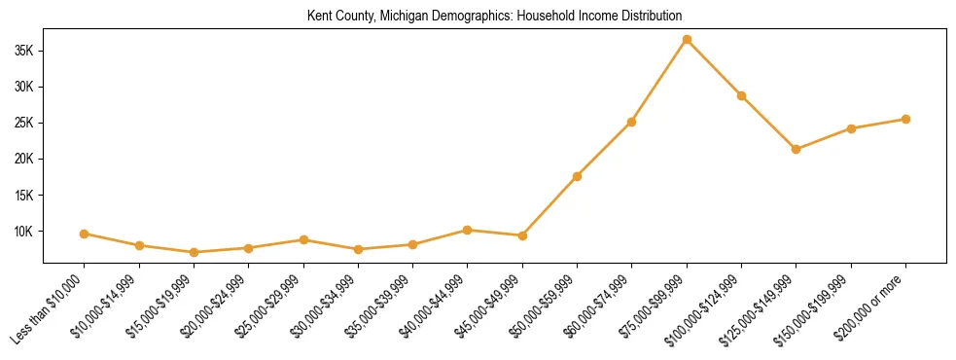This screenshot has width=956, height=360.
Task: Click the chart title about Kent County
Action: point(494,17)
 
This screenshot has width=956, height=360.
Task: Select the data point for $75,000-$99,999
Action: point(687,40)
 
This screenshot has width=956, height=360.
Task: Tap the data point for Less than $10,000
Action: point(85,234)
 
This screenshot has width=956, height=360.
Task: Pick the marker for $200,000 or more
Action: point(905,120)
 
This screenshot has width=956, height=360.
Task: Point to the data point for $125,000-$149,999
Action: point(797,149)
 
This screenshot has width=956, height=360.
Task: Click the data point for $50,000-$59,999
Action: point(578,176)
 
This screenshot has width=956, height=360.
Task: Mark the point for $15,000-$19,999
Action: point(195,252)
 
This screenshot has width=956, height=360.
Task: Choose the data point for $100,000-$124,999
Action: point(741,95)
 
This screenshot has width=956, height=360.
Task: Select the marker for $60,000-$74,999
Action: point(632,122)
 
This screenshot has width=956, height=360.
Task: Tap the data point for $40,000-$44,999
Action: point(468,230)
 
